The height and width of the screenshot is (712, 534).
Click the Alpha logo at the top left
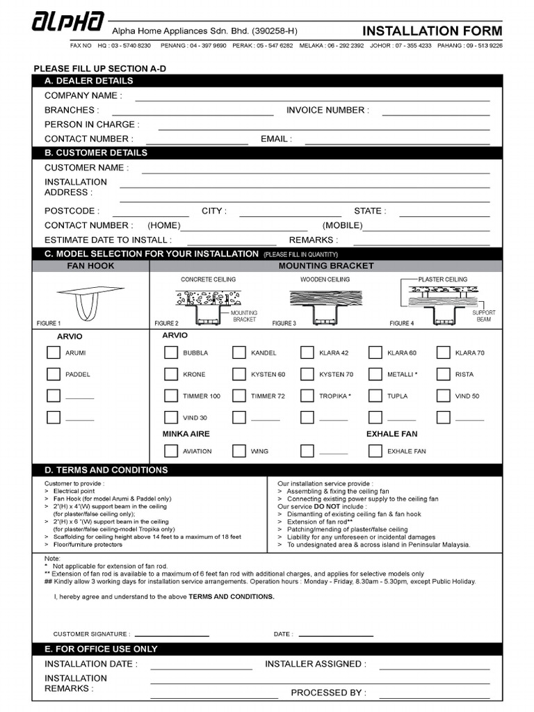pyautogui.click(x=68, y=22)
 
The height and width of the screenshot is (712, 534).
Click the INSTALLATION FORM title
pyautogui.click(x=432, y=31)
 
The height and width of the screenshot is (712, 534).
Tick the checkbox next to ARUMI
pyautogui.click(x=54, y=353)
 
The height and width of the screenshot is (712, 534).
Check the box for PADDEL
pyautogui.click(x=54, y=374)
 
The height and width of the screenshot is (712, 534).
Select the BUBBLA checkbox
pyautogui.click(x=171, y=353)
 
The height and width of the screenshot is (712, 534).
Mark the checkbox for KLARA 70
pyautogui.click(x=443, y=353)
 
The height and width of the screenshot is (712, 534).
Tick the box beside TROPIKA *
pyautogui.click(x=307, y=396)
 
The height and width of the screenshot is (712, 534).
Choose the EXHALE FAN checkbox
pyautogui.click(x=375, y=451)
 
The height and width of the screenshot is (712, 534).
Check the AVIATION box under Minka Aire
pyautogui.click(x=171, y=451)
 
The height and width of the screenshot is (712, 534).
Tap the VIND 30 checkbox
pyautogui.click(x=171, y=417)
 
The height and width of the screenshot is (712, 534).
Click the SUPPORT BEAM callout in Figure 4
pyautogui.click(x=483, y=316)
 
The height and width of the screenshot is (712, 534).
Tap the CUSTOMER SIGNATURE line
pyautogui.click(x=172, y=635)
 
